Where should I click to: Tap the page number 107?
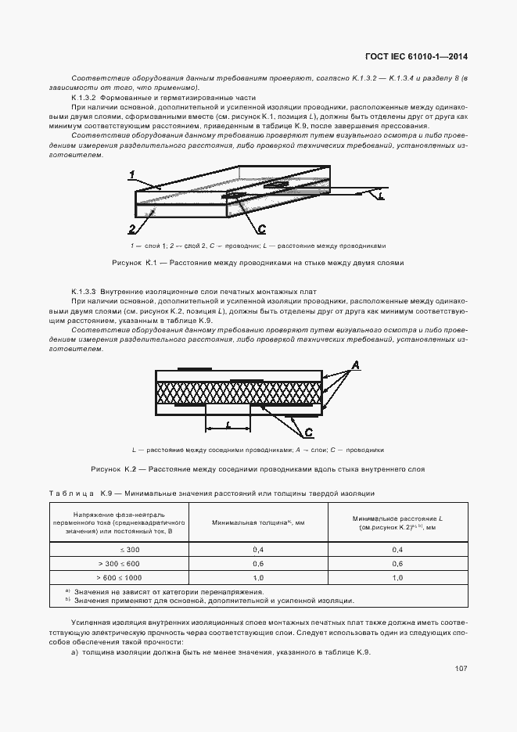(460, 669)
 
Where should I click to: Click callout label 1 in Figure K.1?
(133, 174)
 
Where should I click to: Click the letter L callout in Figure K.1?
(380, 198)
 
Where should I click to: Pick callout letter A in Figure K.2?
(354, 365)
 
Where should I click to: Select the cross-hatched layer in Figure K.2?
(239, 393)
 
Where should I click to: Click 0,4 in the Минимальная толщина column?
(258, 550)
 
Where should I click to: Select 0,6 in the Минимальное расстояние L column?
(397, 563)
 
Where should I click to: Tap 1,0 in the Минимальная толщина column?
(258, 577)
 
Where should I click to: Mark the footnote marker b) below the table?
(68, 601)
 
